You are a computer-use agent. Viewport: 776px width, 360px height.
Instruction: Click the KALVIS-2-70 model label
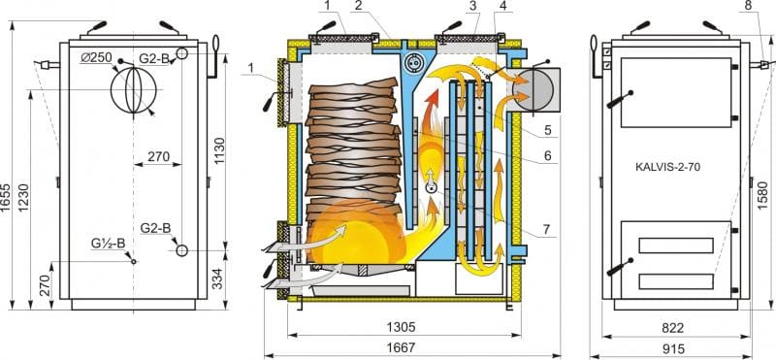[667, 167]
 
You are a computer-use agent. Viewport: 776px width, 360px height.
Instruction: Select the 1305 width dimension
[402, 327]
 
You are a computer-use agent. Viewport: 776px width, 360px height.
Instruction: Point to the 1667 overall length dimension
[402, 347]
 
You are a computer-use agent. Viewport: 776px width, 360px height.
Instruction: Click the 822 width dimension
[672, 327]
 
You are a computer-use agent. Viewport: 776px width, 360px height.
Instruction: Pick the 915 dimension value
[672, 349]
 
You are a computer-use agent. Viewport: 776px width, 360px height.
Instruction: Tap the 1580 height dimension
[763, 195]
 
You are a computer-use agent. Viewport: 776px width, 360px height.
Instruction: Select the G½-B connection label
[109, 244]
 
